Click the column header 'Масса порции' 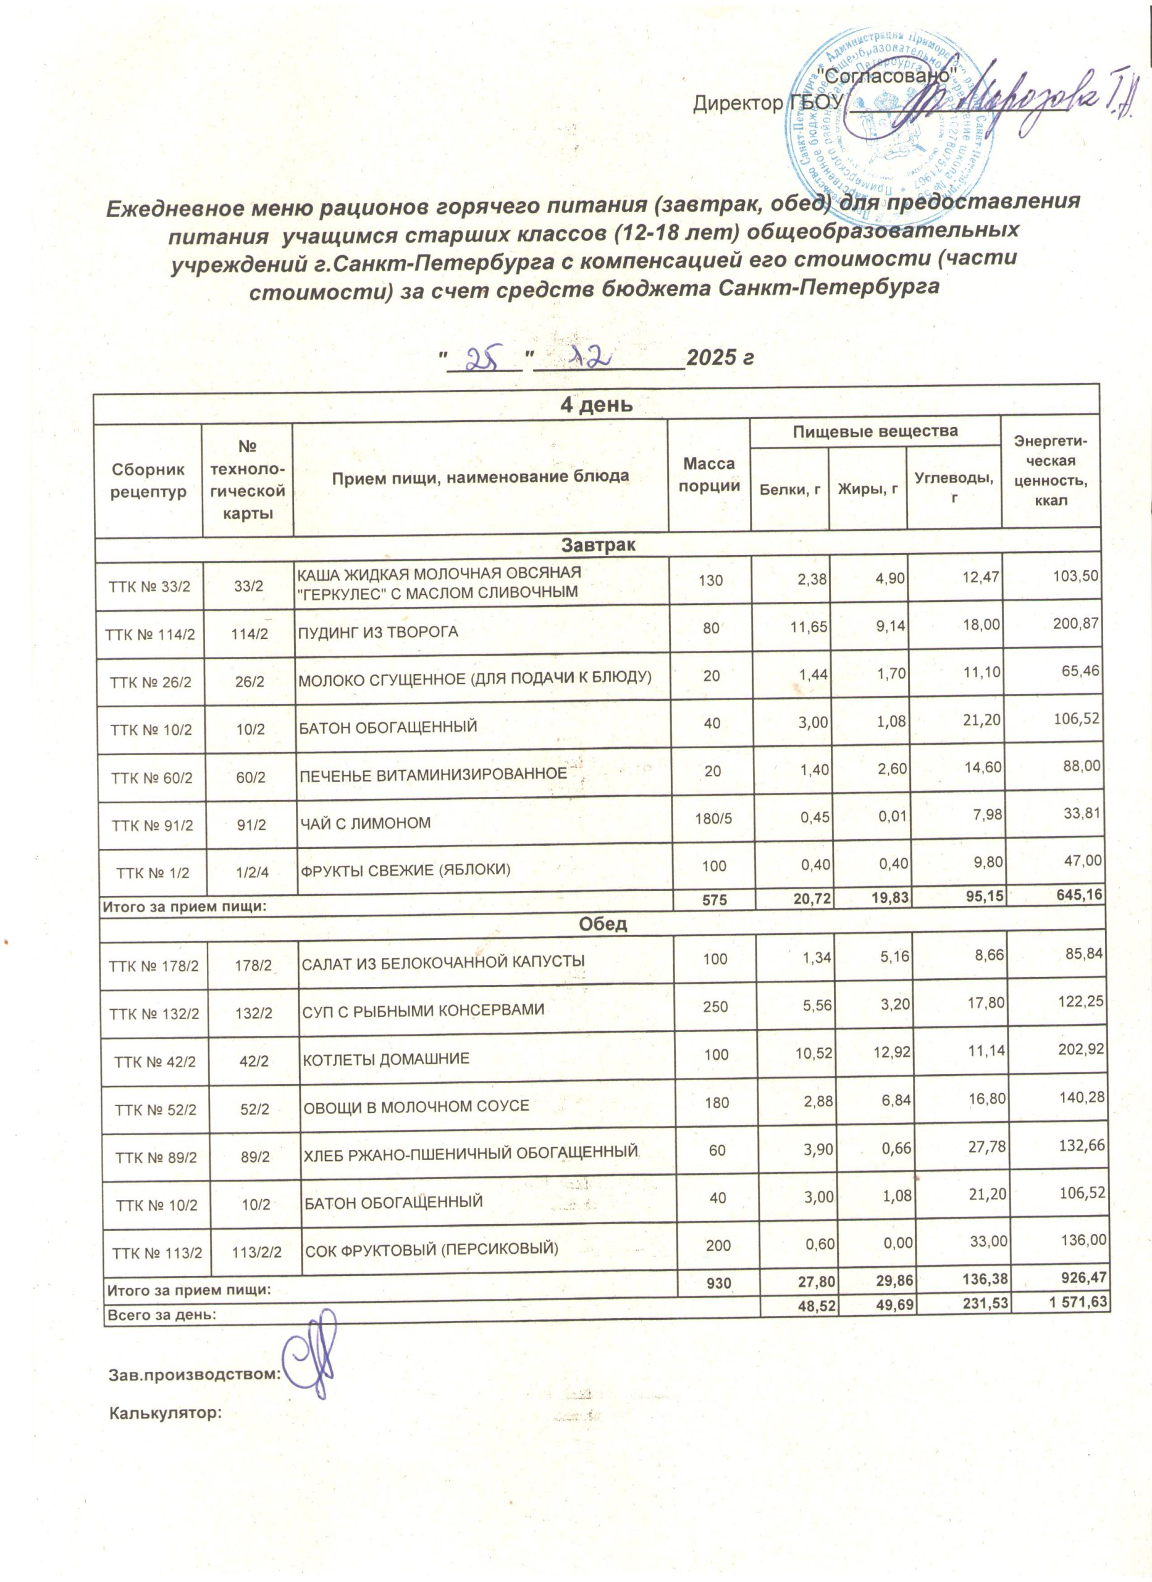708,476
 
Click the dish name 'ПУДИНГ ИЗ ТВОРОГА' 378,633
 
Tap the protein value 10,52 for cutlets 811,1051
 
